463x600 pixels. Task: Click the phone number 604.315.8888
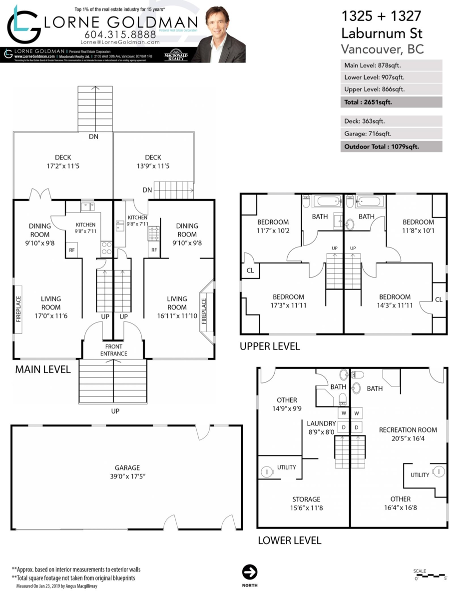tap(120, 34)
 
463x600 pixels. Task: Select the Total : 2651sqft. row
tap(391, 102)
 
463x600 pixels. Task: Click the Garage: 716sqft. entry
tap(391, 133)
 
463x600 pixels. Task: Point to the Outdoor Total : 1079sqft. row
tap(391, 146)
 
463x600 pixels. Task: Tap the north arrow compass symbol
tap(249, 572)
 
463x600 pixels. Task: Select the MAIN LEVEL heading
tap(42, 369)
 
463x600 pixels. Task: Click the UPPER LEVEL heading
tap(270, 346)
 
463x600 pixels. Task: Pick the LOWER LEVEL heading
tap(289, 540)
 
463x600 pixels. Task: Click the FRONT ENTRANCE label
tap(113, 350)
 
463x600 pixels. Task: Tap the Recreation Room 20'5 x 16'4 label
tap(408, 434)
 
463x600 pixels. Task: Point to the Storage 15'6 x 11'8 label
tap(306, 503)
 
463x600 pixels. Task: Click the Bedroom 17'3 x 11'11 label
tap(288, 301)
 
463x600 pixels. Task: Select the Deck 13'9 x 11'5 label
tap(157, 161)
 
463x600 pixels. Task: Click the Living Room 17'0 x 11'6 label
tap(51, 303)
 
